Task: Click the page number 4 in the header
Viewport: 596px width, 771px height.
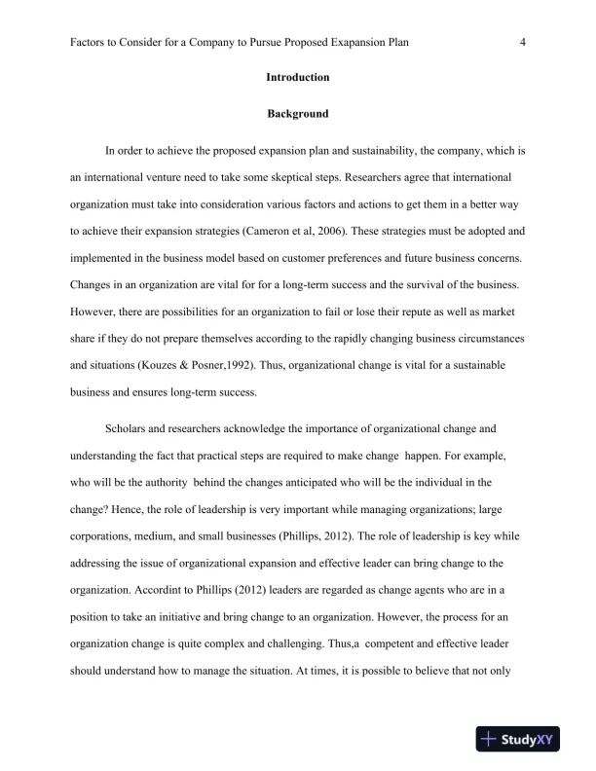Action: pos(524,42)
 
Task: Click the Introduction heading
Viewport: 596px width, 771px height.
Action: pos(297,77)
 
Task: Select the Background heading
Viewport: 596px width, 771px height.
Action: pos(297,114)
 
